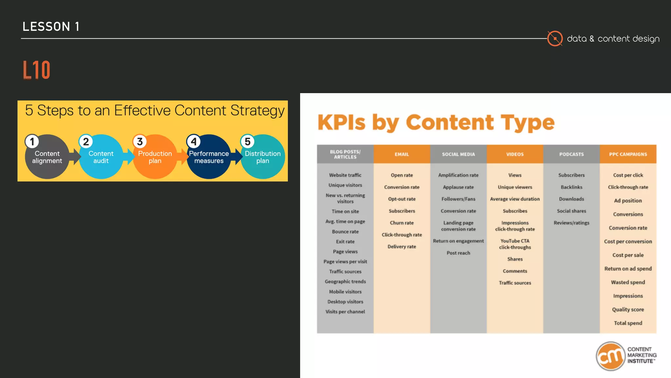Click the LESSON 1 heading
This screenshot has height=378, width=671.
(x=51, y=27)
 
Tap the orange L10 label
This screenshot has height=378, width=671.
(x=36, y=70)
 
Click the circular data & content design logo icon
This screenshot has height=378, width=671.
(x=555, y=39)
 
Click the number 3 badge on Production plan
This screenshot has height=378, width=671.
(x=140, y=142)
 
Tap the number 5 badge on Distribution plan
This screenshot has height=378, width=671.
(x=248, y=142)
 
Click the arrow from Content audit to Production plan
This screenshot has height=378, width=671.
(x=130, y=157)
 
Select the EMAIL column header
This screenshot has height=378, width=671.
(x=402, y=154)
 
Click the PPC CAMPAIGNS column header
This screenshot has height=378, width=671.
(x=628, y=154)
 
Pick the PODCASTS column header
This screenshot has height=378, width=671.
(x=571, y=154)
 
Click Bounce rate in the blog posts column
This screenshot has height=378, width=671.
(x=345, y=232)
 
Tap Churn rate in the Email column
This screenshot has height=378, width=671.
(x=402, y=223)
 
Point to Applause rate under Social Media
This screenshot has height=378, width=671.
(x=458, y=187)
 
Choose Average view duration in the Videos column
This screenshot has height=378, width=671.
(x=515, y=199)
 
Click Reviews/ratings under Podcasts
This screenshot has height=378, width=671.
(x=571, y=223)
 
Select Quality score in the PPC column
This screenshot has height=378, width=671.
(x=628, y=309)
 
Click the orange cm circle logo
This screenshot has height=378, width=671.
(x=610, y=356)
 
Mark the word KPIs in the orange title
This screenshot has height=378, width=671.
(x=341, y=123)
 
